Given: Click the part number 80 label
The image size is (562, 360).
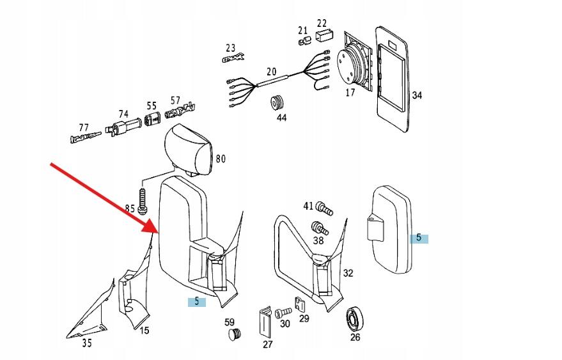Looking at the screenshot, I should (221, 159).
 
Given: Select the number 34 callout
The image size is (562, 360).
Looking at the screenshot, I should (417, 96).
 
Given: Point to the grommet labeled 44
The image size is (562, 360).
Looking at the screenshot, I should (279, 102).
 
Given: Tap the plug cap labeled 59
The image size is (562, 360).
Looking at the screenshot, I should (235, 334).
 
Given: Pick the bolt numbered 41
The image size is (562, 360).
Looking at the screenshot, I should (325, 208).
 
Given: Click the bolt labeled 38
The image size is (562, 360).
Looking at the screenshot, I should (318, 228).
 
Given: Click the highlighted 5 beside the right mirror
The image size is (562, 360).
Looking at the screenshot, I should (419, 238).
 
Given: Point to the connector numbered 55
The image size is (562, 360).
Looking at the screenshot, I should (152, 120).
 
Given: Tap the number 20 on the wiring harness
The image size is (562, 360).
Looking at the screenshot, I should (272, 72).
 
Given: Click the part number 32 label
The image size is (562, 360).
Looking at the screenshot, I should (348, 274).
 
